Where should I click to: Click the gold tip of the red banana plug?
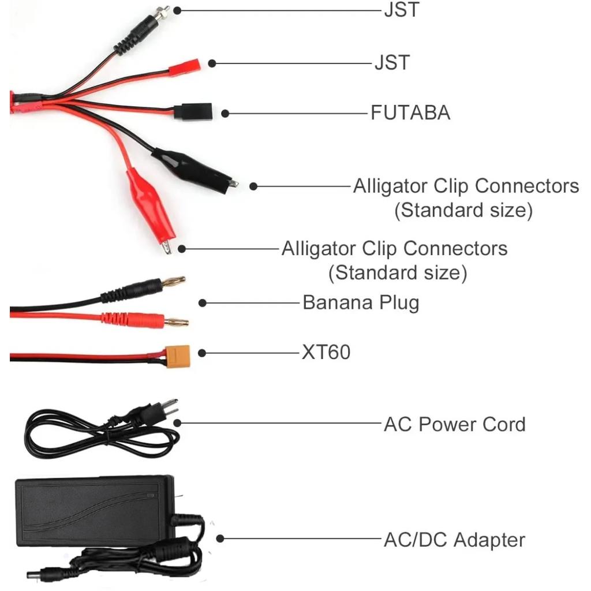[176, 322]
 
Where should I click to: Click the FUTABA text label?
[410, 113]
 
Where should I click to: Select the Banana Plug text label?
[361, 303]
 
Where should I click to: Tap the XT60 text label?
[326, 352]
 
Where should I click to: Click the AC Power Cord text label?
[454, 425]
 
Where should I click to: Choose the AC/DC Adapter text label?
[454, 540]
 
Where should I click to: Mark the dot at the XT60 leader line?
[202, 353]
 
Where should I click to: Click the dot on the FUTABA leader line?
[225, 114]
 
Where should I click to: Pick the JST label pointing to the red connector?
[392, 62]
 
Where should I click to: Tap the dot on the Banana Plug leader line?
[202, 303]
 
